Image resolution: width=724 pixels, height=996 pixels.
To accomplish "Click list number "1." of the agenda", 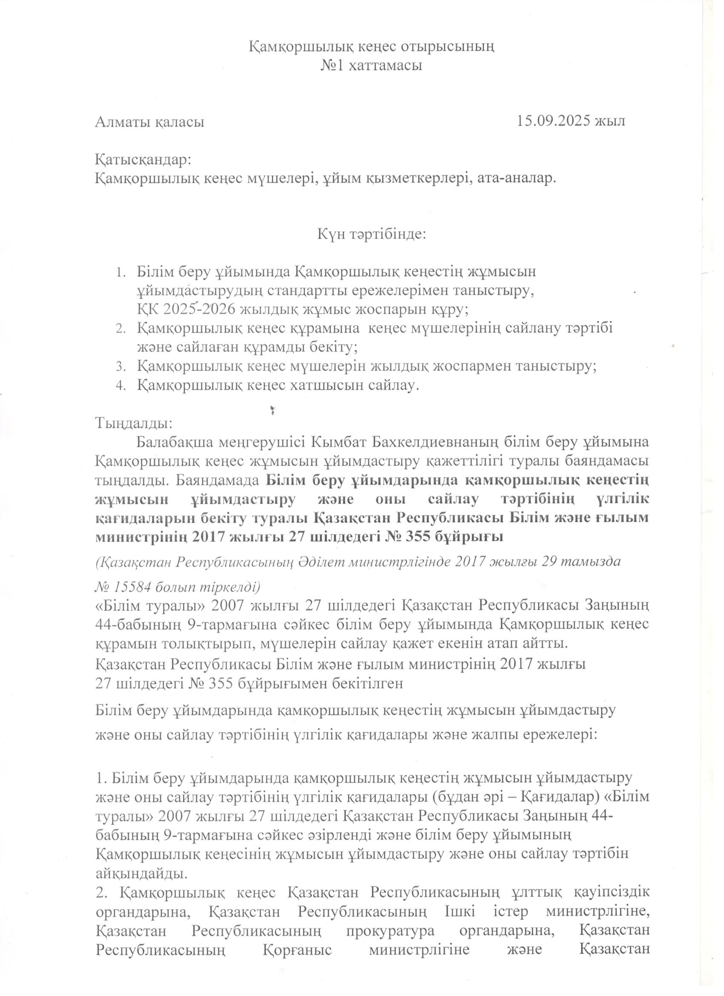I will click(x=121, y=272).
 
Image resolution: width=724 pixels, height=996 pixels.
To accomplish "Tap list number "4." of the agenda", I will click(x=121, y=386).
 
